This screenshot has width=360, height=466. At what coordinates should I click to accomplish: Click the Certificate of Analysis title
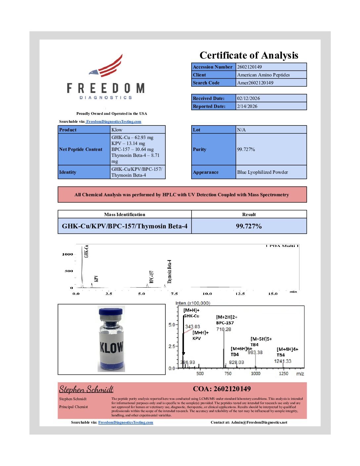pyautogui.click(x=249, y=55)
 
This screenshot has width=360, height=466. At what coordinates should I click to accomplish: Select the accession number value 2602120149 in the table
pyautogui.click(x=249, y=67)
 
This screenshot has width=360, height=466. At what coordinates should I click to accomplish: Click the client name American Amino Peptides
pyautogui.click(x=263, y=75)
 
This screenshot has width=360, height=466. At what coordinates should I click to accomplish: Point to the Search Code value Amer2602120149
pyautogui.click(x=255, y=83)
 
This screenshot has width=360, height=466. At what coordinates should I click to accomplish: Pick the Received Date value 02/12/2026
pyautogui.click(x=248, y=98)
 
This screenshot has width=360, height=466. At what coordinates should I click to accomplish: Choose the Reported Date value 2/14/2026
pyautogui.click(x=247, y=106)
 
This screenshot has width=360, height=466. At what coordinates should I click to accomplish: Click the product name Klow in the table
pyautogui.click(x=117, y=130)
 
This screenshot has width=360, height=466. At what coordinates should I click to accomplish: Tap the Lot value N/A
pyautogui.click(x=241, y=130)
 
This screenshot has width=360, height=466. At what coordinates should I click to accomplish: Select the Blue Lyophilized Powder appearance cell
pyautogui.click(x=262, y=172)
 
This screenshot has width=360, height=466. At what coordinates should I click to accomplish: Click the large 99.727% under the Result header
pyautogui.click(x=249, y=226)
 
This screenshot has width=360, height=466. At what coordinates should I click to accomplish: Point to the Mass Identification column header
pyautogui.click(x=124, y=214)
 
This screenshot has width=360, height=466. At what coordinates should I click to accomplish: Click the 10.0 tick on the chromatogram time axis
pyautogui.click(x=207, y=294)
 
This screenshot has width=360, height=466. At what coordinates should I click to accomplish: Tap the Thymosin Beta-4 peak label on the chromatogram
pyautogui.click(x=170, y=271)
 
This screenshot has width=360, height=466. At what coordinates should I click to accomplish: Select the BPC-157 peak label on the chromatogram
pyautogui.click(x=152, y=277)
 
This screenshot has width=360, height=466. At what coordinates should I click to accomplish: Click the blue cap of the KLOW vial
pyautogui.click(x=111, y=312)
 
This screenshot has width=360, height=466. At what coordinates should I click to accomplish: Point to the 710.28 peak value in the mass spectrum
pyautogui.click(x=224, y=329)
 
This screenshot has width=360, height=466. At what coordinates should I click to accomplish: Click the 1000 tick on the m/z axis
pyautogui.click(x=255, y=373)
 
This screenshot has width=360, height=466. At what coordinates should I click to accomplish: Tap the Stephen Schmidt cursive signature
pyautogui.click(x=86, y=389)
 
